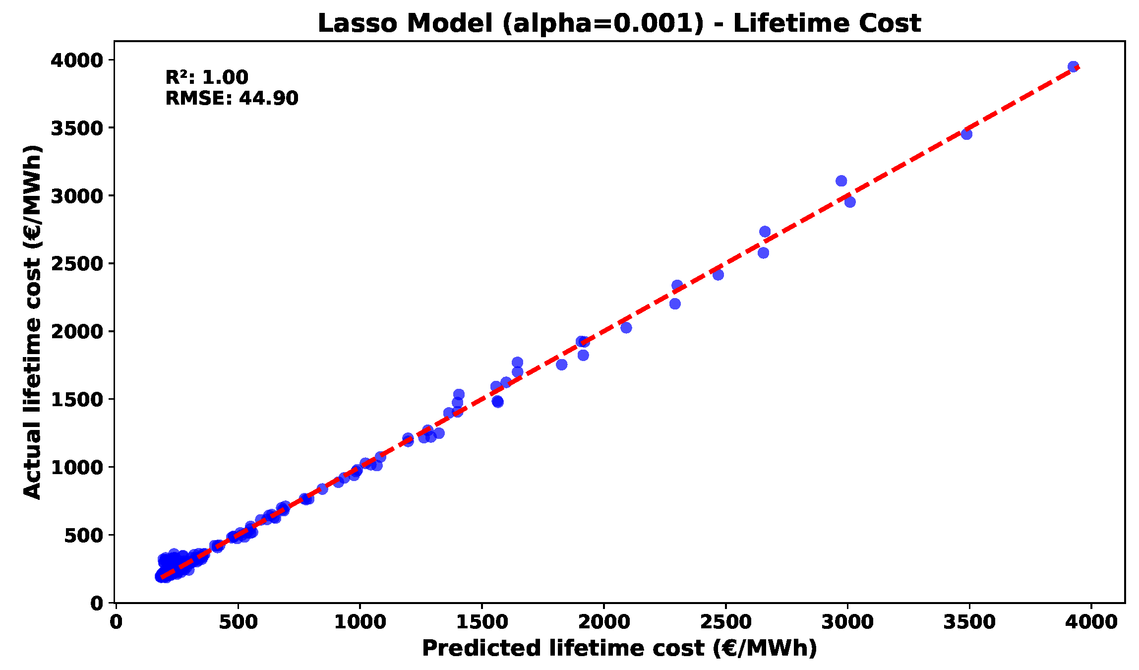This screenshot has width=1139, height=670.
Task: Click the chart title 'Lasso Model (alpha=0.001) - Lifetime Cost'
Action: point(619,23)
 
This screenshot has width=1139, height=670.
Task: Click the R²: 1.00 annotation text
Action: point(206,77)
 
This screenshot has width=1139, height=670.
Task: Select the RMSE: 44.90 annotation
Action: point(232,98)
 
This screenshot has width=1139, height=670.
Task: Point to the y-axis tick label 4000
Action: point(76,61)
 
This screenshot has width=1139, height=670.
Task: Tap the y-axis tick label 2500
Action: point(76,264)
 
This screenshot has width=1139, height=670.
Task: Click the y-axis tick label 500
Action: point(83,535)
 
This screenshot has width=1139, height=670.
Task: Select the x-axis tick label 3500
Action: point(969,622)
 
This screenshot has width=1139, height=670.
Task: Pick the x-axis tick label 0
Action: point(116,622)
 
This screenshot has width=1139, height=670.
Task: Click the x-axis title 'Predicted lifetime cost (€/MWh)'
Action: point(619,648)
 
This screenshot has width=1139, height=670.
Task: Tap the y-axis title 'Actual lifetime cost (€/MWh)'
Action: point(32,322)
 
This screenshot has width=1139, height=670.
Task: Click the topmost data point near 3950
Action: point(1073,67)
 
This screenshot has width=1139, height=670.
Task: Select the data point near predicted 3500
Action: point(966,134)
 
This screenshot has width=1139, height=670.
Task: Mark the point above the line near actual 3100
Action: point(841,181)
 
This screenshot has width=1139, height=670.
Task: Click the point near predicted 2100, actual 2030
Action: point(626,327)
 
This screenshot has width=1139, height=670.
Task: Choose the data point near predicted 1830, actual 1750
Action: point(561,365)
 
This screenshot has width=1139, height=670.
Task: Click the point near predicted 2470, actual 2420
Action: point(718,274)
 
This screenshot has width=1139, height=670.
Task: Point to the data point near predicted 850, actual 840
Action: point(322,489)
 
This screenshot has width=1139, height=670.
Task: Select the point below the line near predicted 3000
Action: point(849,202)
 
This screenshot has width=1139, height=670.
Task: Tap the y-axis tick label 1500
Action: point(76,400)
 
